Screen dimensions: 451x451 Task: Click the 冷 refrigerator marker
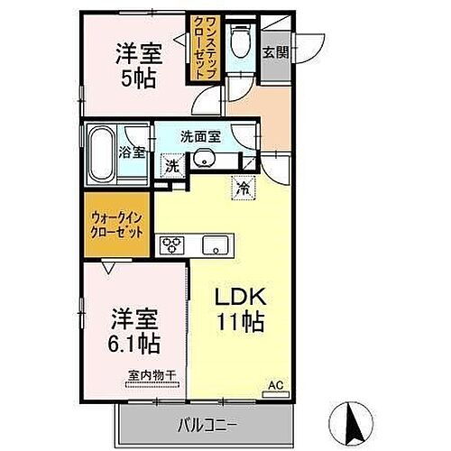tap(243, 188)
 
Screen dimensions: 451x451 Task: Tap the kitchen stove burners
tap(170, 244)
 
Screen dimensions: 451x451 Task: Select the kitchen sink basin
tap(214, 244)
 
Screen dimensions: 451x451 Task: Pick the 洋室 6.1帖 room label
tap(134, 330)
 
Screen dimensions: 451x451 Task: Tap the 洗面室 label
tap(200, 138)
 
